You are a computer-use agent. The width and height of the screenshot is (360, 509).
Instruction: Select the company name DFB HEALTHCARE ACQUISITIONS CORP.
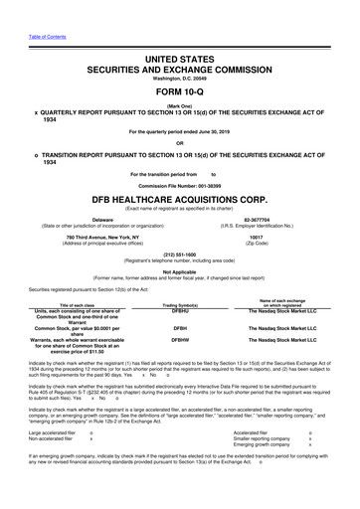tap(180, 199)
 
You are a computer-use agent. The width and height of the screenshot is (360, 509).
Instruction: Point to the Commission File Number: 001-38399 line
tap(180, 185)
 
